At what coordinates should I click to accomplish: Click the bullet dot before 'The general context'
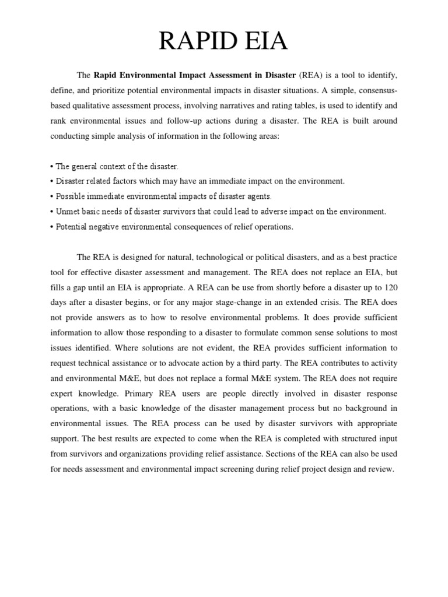[x=52, y=167]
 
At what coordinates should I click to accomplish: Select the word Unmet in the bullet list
[x=68, y=212]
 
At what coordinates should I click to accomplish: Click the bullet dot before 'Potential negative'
[x=52, y=227]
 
